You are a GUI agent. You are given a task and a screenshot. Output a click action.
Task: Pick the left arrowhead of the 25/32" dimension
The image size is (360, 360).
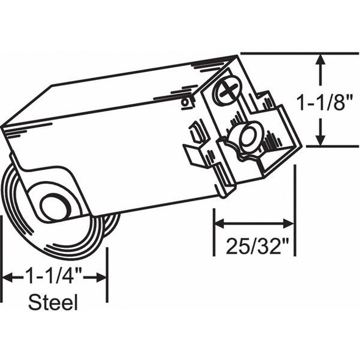218,223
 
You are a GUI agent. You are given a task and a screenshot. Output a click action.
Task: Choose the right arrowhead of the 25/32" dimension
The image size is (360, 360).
290,223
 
